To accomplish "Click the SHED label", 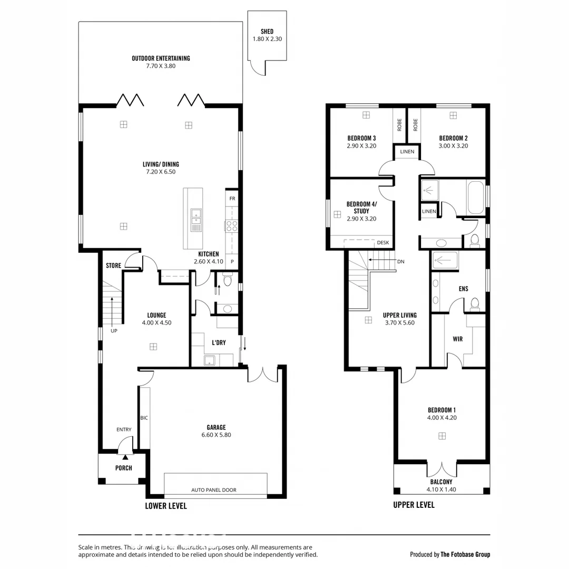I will click(267, 32).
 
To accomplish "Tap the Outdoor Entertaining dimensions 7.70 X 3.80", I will click(161, 66).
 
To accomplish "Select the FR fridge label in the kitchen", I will click(232, 199).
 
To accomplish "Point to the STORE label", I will click(113, 266).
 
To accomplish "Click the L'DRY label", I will click(219, 342).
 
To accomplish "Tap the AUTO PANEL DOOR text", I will click(214, 490).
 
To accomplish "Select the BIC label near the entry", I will click(144, 418).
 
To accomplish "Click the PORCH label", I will click(123, 468).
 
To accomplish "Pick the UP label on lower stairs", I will click(114, 331).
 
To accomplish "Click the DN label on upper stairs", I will click(401, 261).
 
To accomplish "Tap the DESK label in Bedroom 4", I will click(383, 243).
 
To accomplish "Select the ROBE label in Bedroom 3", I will click(400, 124).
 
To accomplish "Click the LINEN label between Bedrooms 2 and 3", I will click(407, 152).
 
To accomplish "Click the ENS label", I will click(464, 289).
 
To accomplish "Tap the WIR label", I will click(457, 339).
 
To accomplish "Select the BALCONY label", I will click(441, 482).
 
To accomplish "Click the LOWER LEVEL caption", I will click(165, 506).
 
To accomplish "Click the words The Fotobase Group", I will click(465, 554).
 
